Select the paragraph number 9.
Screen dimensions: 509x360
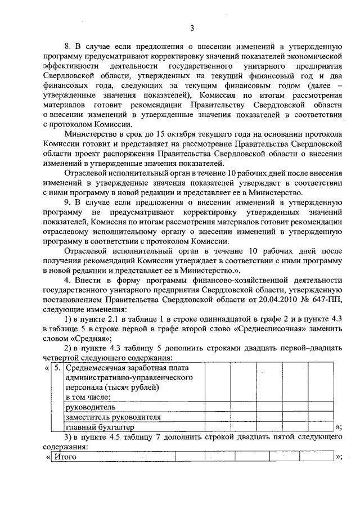pos(67,202)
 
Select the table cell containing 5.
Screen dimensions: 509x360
pos(57,368)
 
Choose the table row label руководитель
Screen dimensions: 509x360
pos(91,407)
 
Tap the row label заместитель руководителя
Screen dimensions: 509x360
pos(113,417)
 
